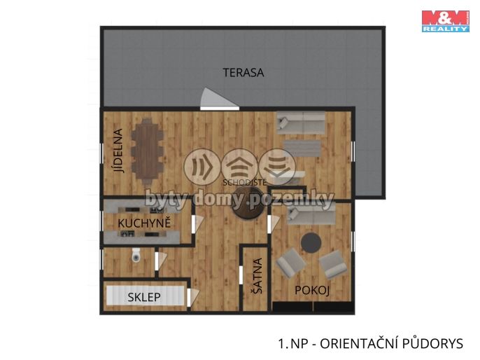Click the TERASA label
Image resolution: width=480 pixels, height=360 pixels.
(x=243, y=73)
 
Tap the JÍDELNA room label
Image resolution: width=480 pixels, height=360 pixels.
(x=118, y=151)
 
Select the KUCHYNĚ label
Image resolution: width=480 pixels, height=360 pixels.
(x=144, y=223)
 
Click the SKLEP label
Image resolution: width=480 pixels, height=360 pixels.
(x=144, y=297)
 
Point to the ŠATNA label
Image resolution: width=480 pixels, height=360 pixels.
(x=257, y=276)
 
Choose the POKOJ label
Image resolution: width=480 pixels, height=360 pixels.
(x=312, y=290)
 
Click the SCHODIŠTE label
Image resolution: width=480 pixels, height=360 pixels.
(x=245, y=183)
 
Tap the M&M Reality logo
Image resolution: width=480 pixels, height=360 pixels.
(x=446, y=21)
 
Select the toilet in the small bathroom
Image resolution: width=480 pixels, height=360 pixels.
(x=136, y=255)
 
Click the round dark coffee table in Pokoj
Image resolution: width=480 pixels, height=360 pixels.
(x=311, y=242)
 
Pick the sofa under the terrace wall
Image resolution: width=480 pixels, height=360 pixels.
(x=301, y=123)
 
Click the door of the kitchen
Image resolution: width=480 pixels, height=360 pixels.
(x=197, y=223)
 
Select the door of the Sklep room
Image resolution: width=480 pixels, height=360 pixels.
(x=193, y=297)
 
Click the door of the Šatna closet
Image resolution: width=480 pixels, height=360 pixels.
(x=241, y=275)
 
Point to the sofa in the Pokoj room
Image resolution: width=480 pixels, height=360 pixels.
(x=311, y=214)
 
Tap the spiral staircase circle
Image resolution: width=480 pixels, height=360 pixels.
(x=248, y=204)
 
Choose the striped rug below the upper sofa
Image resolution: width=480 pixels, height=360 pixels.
(x=302, y=148)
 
